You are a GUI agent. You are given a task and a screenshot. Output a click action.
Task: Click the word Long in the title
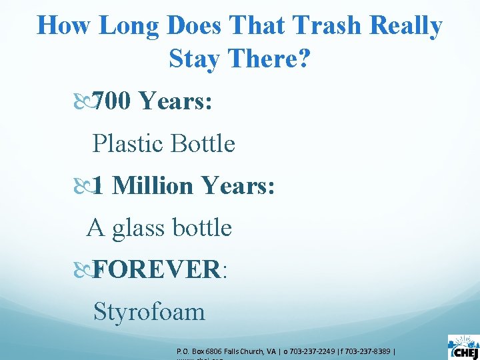(x=129, y=27)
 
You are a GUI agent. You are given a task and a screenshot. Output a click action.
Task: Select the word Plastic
(x=127, y=143)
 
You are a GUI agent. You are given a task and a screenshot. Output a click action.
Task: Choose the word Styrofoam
(x=149, y=311)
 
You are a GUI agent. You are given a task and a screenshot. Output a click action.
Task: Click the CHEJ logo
(x=463, y=347)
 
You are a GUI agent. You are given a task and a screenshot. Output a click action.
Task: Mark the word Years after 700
(x=176, y=101)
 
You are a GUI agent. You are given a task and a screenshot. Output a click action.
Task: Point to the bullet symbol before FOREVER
(x=86, y=269)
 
